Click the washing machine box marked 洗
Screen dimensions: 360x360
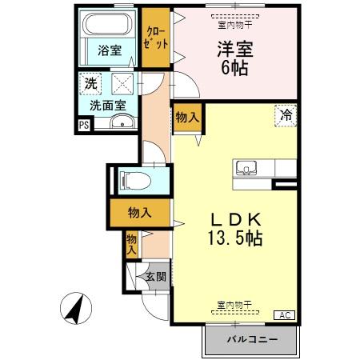92,82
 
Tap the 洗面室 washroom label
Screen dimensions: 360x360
107,104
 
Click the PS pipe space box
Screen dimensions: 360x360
84,124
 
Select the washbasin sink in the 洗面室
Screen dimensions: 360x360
122,122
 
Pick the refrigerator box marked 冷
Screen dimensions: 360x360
286,114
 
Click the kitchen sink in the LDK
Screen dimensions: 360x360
247,169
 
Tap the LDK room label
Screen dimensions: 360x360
236,218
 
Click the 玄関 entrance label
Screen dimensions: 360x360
155,277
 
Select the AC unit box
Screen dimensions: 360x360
285,314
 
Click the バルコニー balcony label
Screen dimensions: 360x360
251,340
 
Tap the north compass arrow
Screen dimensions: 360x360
76,309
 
